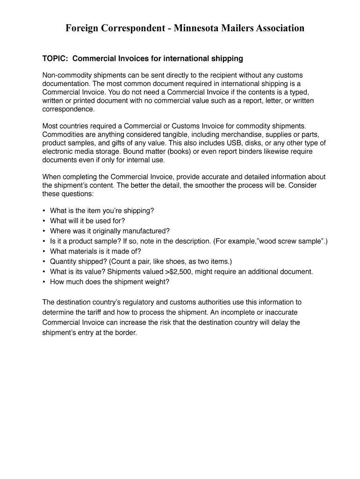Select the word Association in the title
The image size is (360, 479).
(277, 29)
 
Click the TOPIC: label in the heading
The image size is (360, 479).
(56, 58)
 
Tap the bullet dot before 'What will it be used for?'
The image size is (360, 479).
(44, 221)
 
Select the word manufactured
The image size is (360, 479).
(145, 231)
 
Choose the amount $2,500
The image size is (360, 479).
(174, 272)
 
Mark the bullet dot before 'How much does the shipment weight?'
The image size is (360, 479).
(44, 282)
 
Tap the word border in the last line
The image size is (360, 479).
(125, 333)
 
